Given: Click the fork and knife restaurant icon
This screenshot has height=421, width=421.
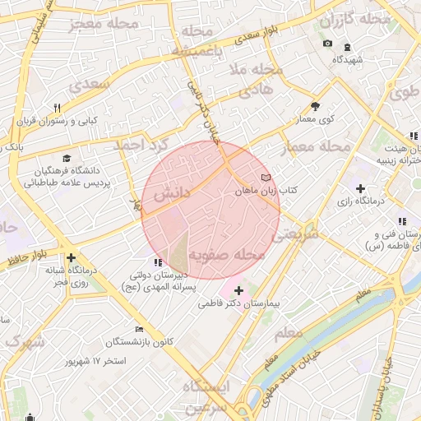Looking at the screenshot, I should click(57, 108).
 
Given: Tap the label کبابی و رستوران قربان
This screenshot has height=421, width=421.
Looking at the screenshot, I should click(57, 121).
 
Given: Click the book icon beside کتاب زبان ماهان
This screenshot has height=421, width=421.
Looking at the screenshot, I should click(265, 178).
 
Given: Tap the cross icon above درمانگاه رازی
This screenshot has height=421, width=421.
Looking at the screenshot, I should click(360, 188).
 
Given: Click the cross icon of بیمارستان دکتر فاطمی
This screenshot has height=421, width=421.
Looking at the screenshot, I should click(238, 290).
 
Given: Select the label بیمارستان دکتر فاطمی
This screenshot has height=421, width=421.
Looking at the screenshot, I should click(240, 303).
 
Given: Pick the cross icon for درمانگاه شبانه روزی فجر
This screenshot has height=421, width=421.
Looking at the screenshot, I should click(72, 257).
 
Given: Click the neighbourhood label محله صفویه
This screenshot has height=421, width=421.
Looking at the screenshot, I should click(224, 255).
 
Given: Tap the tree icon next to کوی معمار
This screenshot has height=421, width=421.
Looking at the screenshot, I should click(315, 106).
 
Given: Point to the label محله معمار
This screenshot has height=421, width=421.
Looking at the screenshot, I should click(315, 147).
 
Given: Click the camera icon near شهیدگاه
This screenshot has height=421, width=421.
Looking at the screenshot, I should click(328, 44).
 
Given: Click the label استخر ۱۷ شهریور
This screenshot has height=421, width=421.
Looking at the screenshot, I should click(97, 361).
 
